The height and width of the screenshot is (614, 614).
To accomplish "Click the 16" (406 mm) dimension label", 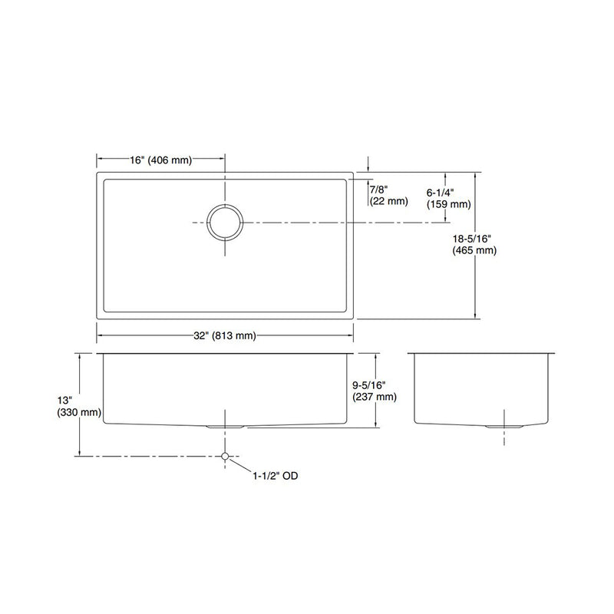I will [x=160, y=160].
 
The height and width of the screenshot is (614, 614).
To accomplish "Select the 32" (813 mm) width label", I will [x=225, y=335].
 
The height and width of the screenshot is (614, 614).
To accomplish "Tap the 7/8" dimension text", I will [x=378, y=189].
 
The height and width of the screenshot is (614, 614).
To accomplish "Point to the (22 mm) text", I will [x=388, y=202].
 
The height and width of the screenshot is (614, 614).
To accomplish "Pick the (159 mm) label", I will [x=448, y=205].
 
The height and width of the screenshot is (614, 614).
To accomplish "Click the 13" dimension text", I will [x=66, y=400].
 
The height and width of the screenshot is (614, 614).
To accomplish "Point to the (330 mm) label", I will [x=79, y=413].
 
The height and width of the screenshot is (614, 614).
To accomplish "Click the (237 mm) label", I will [x=373, y=397].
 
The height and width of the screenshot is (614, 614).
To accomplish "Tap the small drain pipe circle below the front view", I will [x=225, y=456].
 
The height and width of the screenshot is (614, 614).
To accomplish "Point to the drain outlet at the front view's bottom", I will [x=225, y=424].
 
